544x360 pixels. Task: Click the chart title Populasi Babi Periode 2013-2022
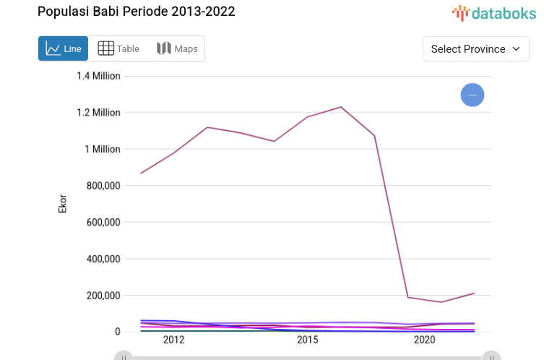(136, 12)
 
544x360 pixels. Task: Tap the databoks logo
(493, 12)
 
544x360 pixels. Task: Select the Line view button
(64, 49)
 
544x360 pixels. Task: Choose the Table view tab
(118, 49)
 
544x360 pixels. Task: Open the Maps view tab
(177, 49)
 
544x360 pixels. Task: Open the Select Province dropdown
(475, 49)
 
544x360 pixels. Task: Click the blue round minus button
(472, 95)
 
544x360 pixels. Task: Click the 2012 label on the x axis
(173, 340)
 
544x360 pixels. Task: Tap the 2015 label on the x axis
(307, 340)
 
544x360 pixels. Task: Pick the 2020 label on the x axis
(424, 340)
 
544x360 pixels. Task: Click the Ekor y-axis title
(63, 203)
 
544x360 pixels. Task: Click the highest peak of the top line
(340, 107)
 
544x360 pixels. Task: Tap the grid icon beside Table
(105, 48)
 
